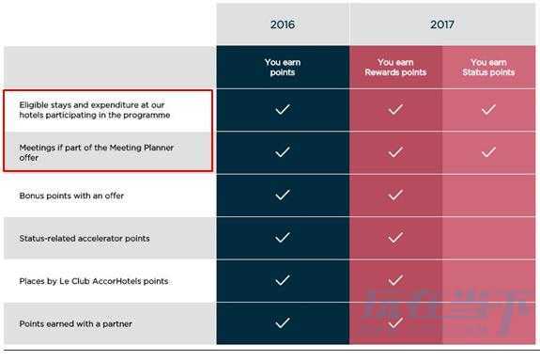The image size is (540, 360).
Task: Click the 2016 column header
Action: click(283, 24)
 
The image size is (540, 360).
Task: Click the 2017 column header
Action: click(442, 24)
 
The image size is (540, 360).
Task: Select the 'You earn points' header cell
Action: click(283, 68)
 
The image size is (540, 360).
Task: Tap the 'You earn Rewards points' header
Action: click(395, 68)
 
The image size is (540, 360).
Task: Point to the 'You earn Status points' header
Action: click(488, 68)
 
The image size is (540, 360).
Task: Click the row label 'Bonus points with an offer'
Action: click(71, 196)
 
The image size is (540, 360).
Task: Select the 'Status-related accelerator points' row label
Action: click(85, 238)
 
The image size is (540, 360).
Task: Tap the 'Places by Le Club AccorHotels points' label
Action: click(94, 281)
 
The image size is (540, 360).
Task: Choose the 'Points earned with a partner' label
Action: click(75, 323)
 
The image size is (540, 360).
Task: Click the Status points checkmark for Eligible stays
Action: click(488, 109)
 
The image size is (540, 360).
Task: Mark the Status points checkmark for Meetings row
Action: click(488, 151)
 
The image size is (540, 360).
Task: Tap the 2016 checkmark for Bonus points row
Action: click(283, 195)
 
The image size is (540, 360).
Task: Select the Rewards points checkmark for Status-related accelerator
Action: click(395, 238)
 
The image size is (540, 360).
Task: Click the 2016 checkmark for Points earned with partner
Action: click(283, 323)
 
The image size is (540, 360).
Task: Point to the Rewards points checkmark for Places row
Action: click(395, 280)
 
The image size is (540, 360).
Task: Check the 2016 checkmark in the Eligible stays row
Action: click(283, 109)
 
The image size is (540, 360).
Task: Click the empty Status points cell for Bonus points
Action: click(488, 196)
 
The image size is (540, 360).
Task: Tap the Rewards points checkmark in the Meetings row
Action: click(395, 151)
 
